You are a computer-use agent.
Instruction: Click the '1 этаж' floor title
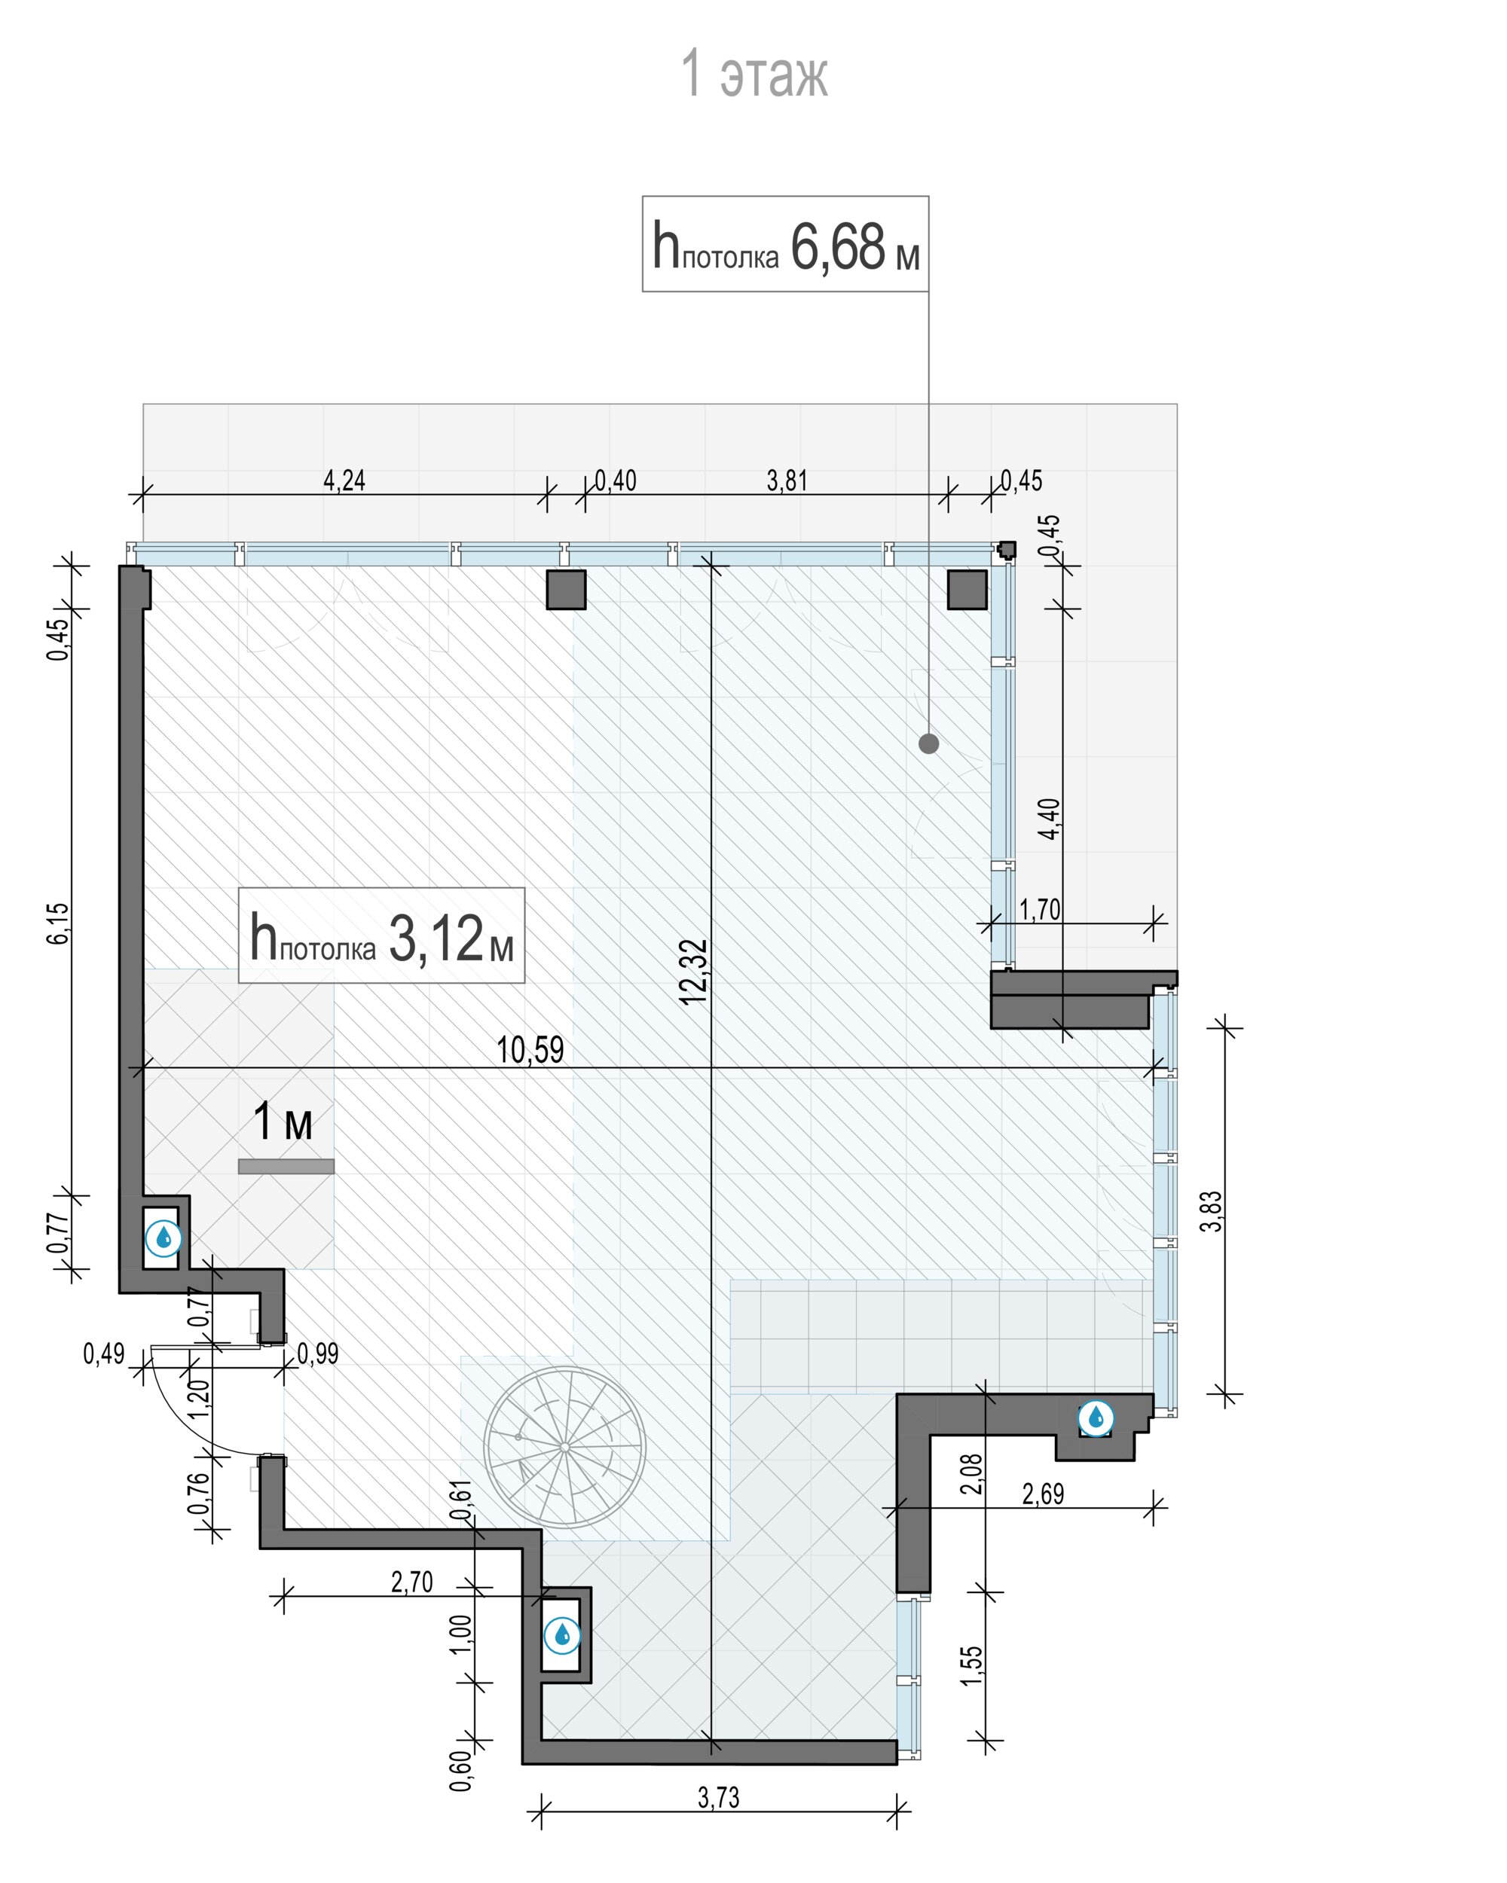point(754,75)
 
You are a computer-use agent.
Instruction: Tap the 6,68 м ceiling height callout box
point(785,244)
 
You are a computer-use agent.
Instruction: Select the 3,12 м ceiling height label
point(382,936)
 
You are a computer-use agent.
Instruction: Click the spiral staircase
point(564,1447)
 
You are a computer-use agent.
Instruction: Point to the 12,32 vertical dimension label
point(695,971)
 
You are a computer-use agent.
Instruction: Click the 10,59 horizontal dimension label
point(530,1050)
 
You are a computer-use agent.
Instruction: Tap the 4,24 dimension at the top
point(344,481)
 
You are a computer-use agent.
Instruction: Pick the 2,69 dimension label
point(1043,1494)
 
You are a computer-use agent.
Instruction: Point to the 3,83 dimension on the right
point(1212,1211)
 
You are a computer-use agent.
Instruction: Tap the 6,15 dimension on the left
point(58,923)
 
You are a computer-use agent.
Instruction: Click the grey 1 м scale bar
point(286,1167)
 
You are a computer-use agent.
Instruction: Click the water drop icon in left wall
point(164,1238)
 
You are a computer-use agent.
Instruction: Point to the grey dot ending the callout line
point(928,744)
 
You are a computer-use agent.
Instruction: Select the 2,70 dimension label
point(411,1582)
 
